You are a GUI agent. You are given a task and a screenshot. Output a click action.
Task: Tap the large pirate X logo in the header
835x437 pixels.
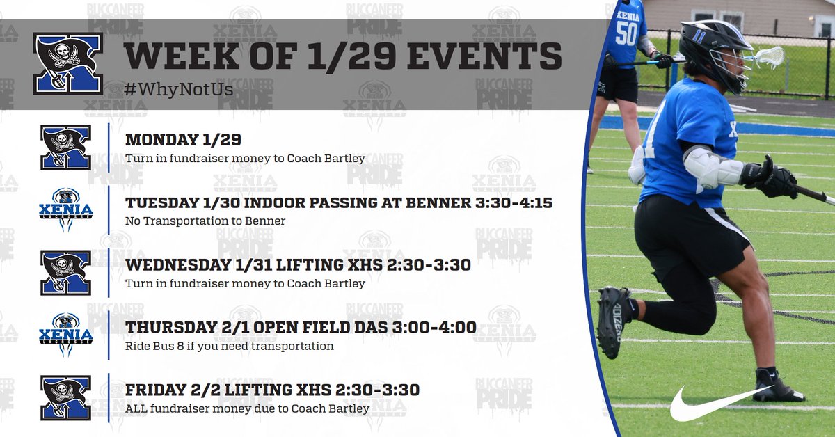pos(67,63)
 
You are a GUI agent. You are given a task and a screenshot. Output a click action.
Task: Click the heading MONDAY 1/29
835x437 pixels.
pos(183,140)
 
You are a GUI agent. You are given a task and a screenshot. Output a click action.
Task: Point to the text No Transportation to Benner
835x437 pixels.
pos(205,221)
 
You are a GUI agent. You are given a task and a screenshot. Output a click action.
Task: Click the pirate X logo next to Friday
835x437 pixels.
pos(65,397)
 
